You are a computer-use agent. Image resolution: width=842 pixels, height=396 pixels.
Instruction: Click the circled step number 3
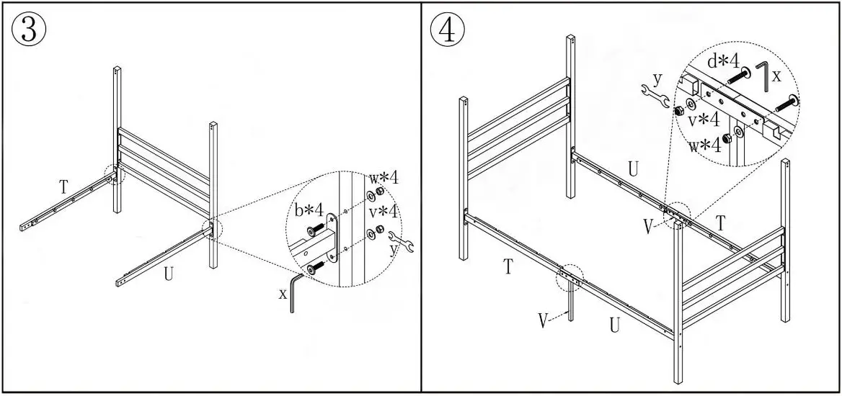point(30,30)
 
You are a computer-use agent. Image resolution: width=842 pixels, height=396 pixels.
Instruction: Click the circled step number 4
point(448,30)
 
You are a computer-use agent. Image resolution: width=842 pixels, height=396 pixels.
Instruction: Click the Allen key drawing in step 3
point(295,291)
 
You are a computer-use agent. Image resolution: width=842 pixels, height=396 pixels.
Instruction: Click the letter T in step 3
point(63,187)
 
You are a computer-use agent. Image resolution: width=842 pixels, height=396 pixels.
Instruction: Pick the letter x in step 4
point(776,74)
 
